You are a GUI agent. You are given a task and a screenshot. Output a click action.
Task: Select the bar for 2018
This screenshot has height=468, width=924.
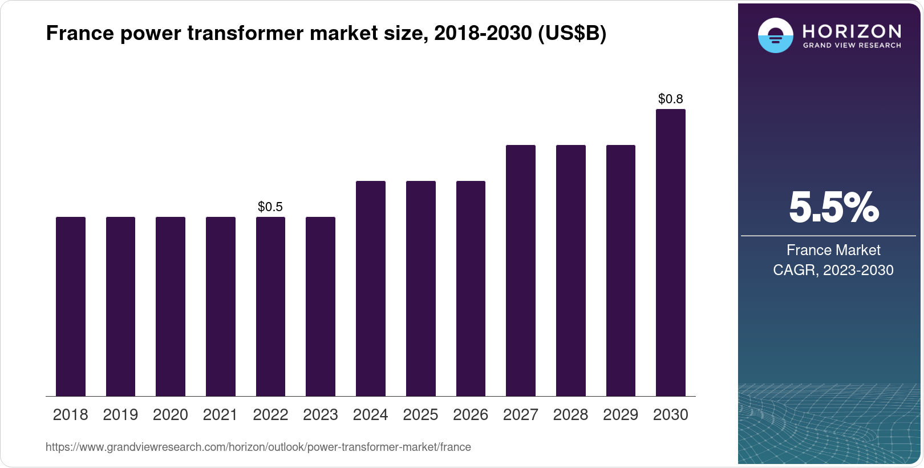(x=71, y=306)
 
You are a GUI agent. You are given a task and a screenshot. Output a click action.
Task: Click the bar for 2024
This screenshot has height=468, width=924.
(x=371, y=288)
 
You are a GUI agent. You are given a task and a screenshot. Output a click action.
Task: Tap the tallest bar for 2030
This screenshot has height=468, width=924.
(x=671, y=252)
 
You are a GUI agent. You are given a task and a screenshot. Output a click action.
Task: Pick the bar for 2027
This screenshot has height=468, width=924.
(x=521, y=271)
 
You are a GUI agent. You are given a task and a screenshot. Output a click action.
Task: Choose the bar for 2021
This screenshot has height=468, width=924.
(x=221, y=306)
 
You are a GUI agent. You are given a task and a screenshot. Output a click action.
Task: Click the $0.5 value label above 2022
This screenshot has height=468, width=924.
(x=270, y=207)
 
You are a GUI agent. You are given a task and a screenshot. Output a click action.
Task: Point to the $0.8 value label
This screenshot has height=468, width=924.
(x=671, y=99)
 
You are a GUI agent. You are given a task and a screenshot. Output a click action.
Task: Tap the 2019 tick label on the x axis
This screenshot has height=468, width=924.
(x=120, y=415)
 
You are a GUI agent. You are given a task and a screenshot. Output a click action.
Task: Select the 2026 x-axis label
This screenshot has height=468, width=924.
(x=471, y=415)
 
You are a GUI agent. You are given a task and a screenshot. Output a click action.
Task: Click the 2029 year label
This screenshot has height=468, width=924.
(x=621, y=415)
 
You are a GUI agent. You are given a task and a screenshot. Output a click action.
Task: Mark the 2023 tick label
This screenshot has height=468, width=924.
(x=321, y=415)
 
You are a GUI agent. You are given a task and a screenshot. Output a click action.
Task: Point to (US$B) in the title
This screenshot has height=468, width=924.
(x=572, y=34)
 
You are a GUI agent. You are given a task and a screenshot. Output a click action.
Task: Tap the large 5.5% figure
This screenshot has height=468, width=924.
(x=833, y=208)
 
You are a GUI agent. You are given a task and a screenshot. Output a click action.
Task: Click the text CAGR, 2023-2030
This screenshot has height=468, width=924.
(x=833, y=270)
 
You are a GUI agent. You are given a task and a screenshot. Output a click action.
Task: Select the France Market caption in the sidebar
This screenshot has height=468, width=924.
(x=833, y=250)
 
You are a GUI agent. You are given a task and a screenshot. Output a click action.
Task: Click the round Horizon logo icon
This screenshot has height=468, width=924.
(x=775, y=35)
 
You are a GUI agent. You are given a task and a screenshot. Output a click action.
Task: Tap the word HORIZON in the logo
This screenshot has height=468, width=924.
(x=852, y=31)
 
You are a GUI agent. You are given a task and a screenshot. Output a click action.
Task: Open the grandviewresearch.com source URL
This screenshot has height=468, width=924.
(x=258, y=447)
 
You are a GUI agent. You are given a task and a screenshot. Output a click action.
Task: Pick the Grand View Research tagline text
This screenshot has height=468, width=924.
(x=852, y=46)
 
